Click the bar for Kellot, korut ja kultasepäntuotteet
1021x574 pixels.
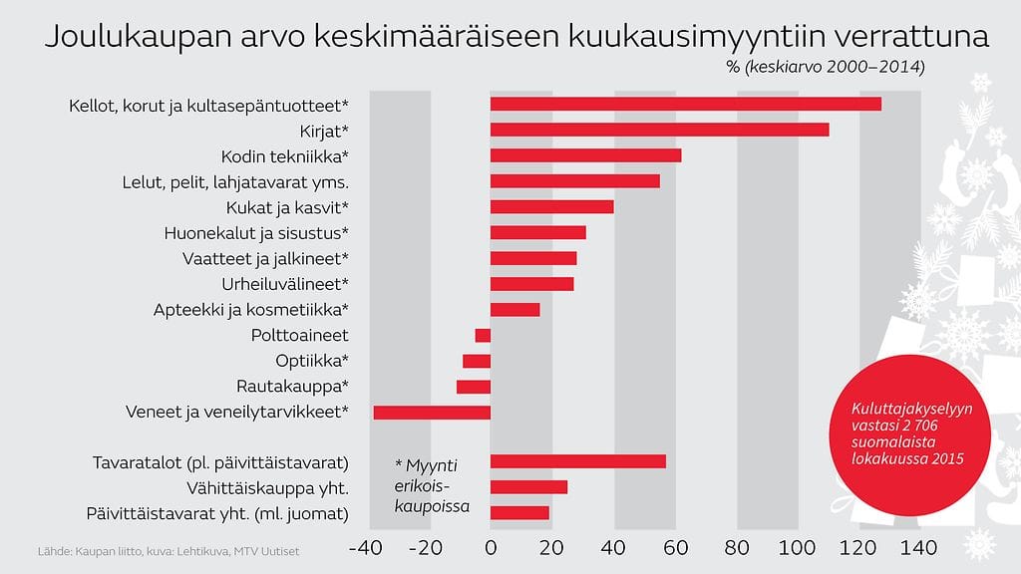point(685,105)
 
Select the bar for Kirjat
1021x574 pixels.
point(659,130)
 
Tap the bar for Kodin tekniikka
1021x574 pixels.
point(585,155)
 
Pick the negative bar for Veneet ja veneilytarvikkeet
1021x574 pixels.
point(432,413)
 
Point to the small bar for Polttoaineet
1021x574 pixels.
point(483,335)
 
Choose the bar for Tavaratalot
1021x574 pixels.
point(577,461)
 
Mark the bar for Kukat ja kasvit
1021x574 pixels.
point(551,206)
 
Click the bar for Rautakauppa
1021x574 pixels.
point(474,387)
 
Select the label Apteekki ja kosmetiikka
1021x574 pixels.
point(250,309)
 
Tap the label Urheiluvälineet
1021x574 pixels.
point(285,284)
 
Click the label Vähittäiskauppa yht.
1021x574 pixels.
point(267,488)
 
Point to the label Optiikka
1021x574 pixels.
point(312,361)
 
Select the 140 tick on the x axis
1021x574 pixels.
point(918,547)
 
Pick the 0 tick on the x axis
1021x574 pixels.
point(491,547)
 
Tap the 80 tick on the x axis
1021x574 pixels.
point(737,547)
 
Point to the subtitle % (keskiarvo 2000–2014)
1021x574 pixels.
point(827,68)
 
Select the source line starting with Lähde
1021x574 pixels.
point(168,551)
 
